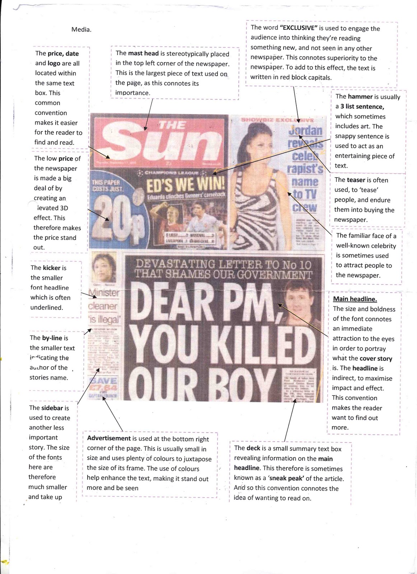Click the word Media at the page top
coord(81,30)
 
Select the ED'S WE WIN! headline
coord(186,185)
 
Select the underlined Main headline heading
coord(355,299)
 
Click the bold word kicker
coord(52,268)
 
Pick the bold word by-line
coord(52,338)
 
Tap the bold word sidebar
coord(52,408)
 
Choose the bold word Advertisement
coord(109,438)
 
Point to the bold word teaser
coord(356,180)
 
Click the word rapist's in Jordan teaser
coord(305,168)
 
